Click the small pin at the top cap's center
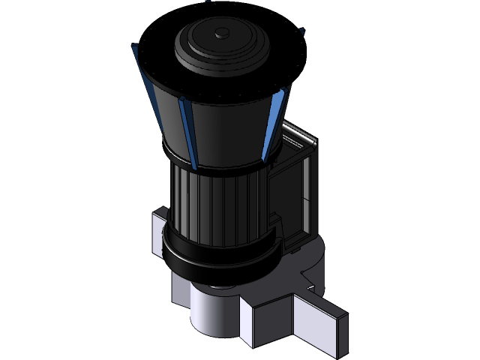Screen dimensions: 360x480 [222, 33]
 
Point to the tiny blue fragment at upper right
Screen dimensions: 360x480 [302, 32]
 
